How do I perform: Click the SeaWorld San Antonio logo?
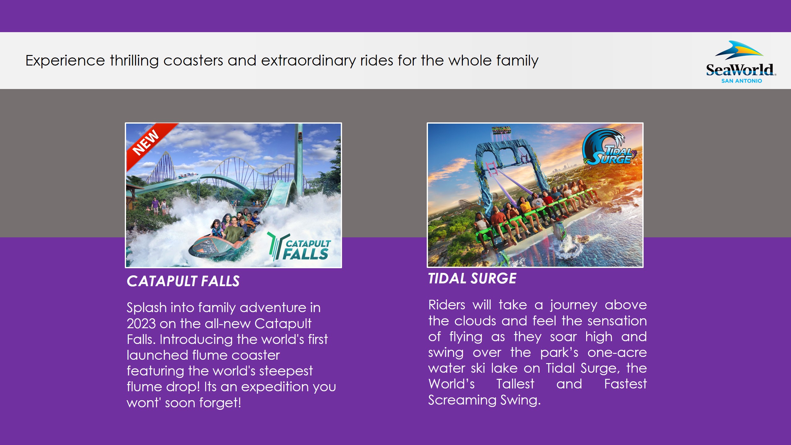pyautogui.click(x=741, y=62)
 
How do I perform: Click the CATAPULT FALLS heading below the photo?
pyautogui.click(x=183, y=281)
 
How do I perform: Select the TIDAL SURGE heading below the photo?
pyautogui.click(x=472, y=278)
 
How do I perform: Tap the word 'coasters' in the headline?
pyautogui.click(x=193, y=60)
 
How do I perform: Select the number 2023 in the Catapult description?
pyautogui.click(x=141, y=324)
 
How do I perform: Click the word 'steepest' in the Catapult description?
pyautogui.click(x=286, y=371)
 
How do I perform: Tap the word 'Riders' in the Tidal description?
pyautogui.click(x=447, y=305)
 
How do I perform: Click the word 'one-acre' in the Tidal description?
pyautogui.click(x=617, y=352)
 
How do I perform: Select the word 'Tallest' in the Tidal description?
pyautogui.click(x=515, y=384)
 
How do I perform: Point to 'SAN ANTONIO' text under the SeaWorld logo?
pyautogui.click(x=742, y=81)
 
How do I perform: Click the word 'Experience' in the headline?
pyautogui.click(x=66, y=61)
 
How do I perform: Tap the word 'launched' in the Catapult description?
pyautogui.click(x=157, y=355)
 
